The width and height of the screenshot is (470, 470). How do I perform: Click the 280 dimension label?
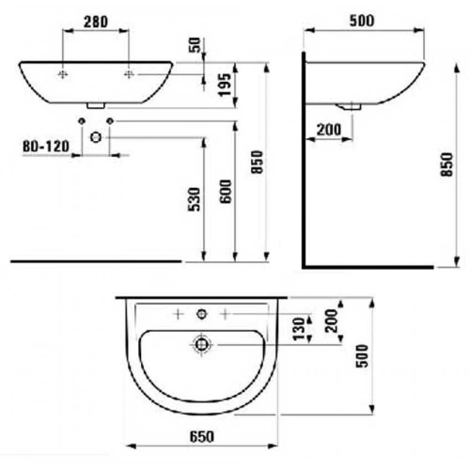96,22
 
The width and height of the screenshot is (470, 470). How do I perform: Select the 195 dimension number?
225,85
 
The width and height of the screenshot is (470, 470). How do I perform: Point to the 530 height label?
194,199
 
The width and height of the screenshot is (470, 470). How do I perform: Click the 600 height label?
226,191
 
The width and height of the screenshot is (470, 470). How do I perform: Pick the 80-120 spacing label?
46,147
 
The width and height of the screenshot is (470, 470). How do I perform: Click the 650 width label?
202,437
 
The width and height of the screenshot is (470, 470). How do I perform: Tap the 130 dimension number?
299,329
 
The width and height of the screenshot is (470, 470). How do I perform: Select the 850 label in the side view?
447,165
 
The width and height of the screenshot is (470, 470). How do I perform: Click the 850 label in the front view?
257,162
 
